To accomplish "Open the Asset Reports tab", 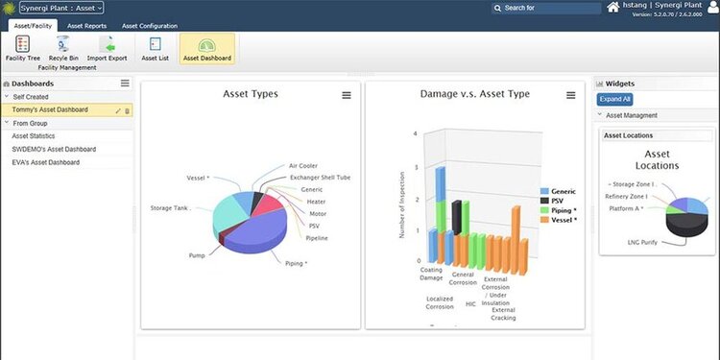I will coord(86,26).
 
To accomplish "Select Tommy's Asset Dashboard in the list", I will coord(57,110).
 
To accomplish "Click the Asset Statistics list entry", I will coord(36,136).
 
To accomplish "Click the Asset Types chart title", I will coord(250,94).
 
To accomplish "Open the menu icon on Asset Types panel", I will coord(347,95).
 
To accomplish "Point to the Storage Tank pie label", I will coord(169,207).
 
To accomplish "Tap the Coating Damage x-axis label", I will coord(432,274).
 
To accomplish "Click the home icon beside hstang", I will coord(613,7).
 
